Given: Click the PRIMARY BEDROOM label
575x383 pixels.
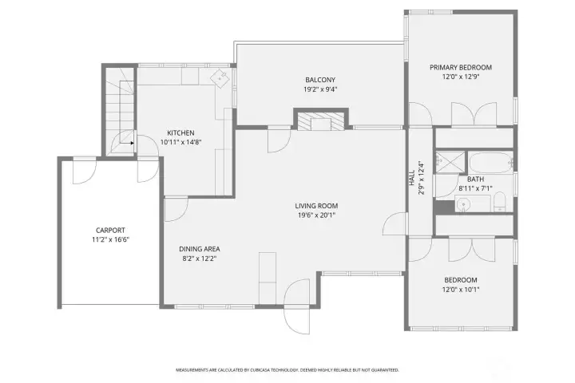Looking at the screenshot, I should click(x=460, y=68).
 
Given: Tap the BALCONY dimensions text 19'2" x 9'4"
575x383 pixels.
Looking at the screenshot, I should click(x=319, y=90).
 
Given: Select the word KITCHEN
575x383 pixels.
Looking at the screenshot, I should click(x=180, y=132).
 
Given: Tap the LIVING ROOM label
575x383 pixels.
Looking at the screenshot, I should click(x=316, y=206).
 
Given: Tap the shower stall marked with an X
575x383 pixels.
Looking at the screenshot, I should click(x=450, y=161).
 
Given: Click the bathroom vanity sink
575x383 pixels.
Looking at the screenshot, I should click(x=465, y=205).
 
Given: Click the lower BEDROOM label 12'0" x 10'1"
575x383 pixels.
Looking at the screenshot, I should click(x=460, y=280).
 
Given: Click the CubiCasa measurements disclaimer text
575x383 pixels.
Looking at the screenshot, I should click(x=287, y=370).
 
